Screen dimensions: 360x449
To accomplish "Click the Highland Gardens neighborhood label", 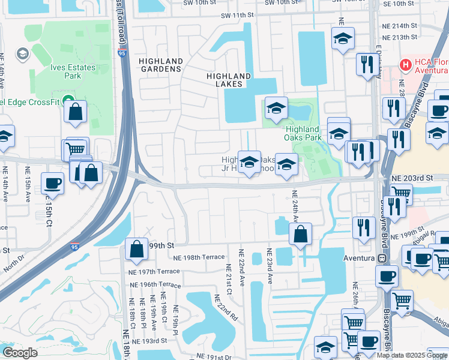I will click(x=160, y=65).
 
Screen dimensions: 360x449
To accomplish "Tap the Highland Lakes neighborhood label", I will click(x=228, y=80).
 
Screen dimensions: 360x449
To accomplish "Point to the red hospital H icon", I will click(x=406, y=64).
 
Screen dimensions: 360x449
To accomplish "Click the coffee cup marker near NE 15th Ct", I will click(x=52, y=184).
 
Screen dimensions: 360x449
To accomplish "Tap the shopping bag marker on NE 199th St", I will click(x=137, y=249).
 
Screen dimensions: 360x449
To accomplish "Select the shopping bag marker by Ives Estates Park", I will click(x=76, y=112).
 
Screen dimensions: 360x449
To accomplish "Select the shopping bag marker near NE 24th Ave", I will click(x=300, y=233).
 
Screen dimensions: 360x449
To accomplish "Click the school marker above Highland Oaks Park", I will click(x=277, y=108).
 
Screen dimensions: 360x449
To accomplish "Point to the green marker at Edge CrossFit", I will click(x=68, y=100).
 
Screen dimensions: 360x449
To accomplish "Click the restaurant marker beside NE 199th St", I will click(x=364, y=227).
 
